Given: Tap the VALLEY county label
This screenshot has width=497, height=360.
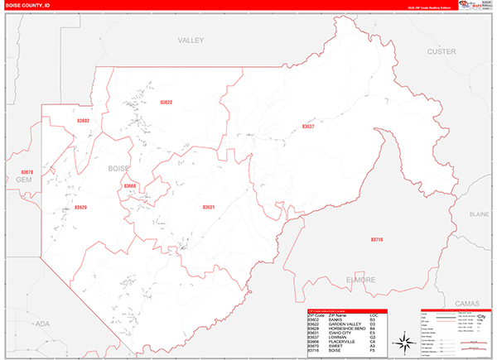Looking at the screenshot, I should (x=190, y=40).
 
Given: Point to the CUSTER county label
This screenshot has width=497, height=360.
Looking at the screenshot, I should (x=441, y=51).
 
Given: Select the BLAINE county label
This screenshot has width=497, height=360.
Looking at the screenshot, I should (x=480, y=214).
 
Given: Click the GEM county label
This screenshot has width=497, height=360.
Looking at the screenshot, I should (x=23, y=179).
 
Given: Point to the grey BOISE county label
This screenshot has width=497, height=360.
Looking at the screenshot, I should (x=119, y=168).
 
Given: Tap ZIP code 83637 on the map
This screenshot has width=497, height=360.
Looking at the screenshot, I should (x=308, y=127).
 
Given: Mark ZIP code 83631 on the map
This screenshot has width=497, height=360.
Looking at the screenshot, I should (x=208, y=207).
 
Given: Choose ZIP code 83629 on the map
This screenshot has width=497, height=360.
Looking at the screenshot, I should (x=80, y=207).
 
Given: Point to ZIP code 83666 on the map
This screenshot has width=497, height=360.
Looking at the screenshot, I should (x=130, y=186).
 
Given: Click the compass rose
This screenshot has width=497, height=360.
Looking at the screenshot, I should (x=403, y=342).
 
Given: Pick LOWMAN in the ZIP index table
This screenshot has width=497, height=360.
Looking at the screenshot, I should (x=339, y=338).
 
